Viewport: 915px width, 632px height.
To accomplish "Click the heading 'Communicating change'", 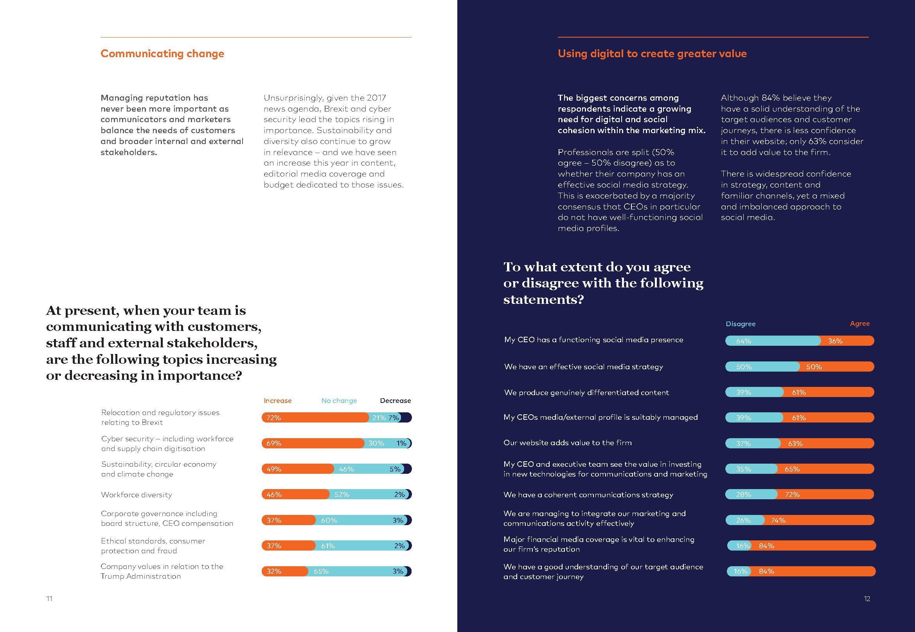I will click(162, 54).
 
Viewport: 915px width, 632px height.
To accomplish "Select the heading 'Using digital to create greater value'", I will click(652, 54).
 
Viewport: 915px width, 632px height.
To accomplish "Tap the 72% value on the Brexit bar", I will click(273, 418).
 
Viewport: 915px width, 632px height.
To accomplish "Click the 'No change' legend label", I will click(339, 401).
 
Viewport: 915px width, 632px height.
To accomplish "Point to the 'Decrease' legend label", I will click(395, 401).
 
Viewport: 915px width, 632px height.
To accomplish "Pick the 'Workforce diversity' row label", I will click(137, 495).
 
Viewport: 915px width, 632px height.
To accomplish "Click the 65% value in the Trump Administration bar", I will click(321, 571).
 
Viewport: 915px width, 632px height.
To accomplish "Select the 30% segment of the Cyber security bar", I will click(376, 444).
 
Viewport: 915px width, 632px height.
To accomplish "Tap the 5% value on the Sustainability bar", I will click(395, 469).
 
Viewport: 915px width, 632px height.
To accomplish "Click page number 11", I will click(49, 599).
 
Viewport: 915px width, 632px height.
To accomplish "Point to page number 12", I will click(867, 599).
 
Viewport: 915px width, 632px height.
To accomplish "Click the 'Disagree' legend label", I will click(740, 324).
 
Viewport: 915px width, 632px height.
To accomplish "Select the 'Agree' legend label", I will click(859, 323).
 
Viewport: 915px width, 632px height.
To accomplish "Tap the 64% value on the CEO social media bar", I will click(743, 341).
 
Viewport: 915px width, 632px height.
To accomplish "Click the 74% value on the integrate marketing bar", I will click(778, 520).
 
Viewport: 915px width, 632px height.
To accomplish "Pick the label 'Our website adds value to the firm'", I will click(567, 443).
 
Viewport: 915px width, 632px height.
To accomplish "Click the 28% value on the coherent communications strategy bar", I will click(743, 495).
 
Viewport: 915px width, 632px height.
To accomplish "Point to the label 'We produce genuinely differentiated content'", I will click(586, 392).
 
